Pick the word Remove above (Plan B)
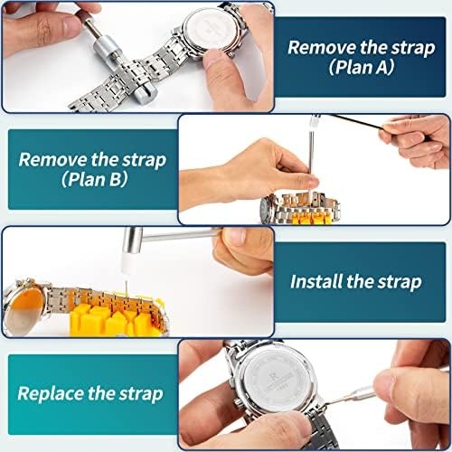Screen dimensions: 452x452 pos(52,159)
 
